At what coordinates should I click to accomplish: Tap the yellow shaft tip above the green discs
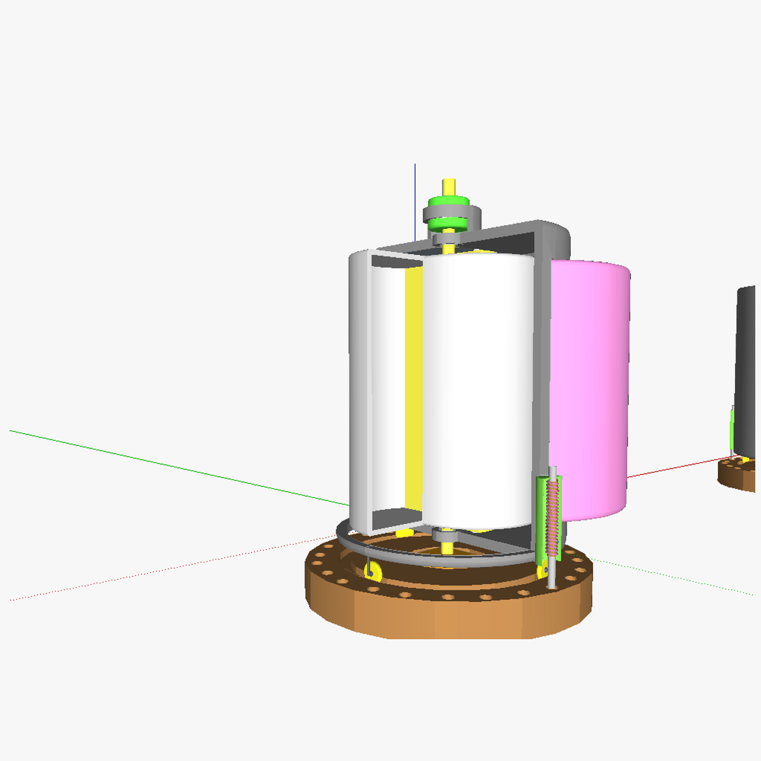pyautogui.click(x=448, y=186)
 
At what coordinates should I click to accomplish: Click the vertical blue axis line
pyautogui.click(x=415, y=197)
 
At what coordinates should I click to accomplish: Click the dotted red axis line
pyautogui.click(x=159, y=571)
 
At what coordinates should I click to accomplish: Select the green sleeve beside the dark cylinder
pyautogui.click(x=732, y=431)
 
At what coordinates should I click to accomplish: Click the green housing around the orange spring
pyautogui.click(x=541, y=520)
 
